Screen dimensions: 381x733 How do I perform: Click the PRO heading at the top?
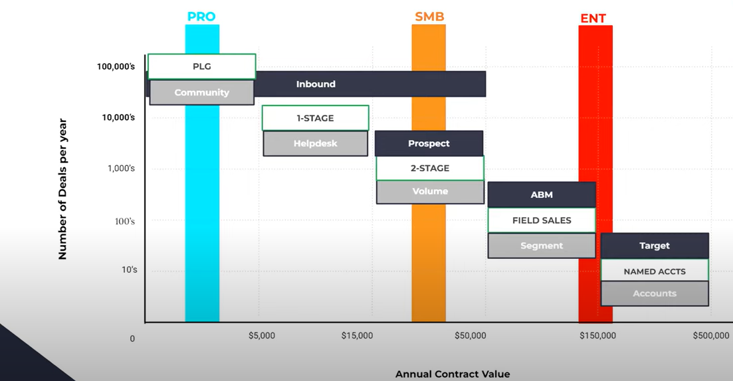point(201,17)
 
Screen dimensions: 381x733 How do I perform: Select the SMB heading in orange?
point(429,17)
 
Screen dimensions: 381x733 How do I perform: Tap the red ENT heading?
point(593,19)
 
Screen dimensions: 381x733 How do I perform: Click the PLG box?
point(202,66)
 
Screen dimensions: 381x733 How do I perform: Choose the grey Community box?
point(202,93)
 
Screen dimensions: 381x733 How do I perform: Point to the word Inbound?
point(316,84)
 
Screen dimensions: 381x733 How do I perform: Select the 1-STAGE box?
point(315,118)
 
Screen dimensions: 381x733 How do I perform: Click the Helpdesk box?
point(315,143)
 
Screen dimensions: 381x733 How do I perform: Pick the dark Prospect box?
point(429,143)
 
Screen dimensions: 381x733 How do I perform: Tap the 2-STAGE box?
point(430,169)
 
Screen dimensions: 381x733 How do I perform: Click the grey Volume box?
point(430,192)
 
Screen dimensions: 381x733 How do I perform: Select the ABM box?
point(542,195)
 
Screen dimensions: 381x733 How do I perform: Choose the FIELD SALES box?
point(542,220)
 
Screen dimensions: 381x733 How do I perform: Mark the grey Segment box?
point(542,246)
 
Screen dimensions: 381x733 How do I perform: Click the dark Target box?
point(655,246)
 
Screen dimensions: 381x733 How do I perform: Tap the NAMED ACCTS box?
point(655,271)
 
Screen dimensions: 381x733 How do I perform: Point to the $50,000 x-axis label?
point(470,336)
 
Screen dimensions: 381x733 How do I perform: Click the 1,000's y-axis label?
point(121,169)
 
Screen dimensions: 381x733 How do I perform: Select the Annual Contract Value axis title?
point(453,374)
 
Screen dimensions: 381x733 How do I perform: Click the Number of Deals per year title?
point(63,189)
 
